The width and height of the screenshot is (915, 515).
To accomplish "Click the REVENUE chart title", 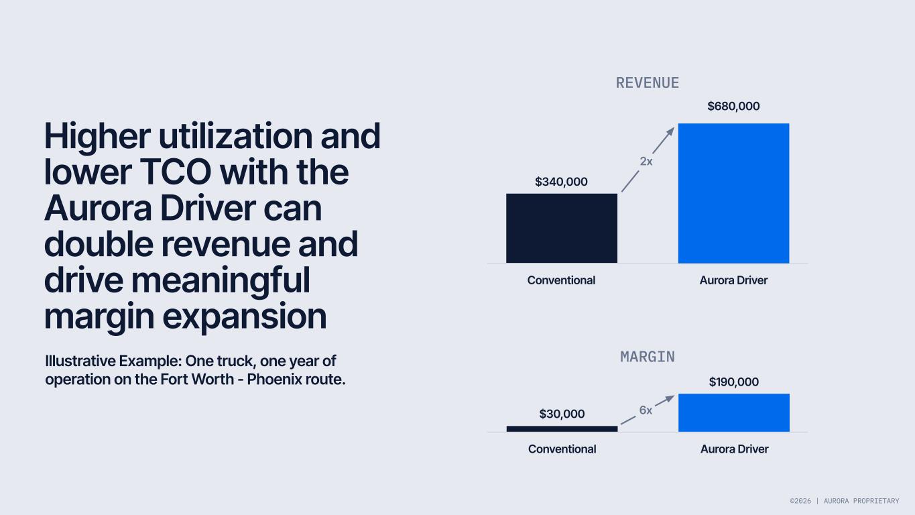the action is (x=648, y=83).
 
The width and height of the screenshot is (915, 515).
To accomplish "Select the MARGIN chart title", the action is (x=648, y=357).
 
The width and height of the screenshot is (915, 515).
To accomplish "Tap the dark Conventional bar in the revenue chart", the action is (x=562, y=228).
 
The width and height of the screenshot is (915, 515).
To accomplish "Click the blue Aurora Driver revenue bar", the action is (x=733, y=193).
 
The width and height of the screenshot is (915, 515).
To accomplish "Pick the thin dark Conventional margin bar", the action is (x=562, y=428).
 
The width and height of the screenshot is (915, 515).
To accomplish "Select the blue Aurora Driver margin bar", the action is (x=734, y=413).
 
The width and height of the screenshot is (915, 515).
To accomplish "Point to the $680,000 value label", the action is (x=733, y=106).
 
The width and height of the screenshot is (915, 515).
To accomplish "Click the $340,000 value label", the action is (x=561, y=182).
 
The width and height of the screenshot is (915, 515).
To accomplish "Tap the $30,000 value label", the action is (x=562, y=414).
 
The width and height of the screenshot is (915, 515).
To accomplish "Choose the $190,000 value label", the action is (x=733, y=382).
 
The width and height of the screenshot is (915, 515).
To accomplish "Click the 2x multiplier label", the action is (x=646, y=162).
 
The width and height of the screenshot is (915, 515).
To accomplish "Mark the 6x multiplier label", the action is (x=646, y=410).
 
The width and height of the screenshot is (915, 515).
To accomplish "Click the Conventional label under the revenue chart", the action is (x=561, y=280).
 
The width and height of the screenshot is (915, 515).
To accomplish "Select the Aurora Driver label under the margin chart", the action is (x=735, y=449).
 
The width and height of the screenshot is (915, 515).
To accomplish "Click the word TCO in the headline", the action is (x=176, y=172).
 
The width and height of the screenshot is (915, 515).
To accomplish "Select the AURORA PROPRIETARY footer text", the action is (x=861, y=501).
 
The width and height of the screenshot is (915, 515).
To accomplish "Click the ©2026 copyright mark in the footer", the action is (x=800, y=501).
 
